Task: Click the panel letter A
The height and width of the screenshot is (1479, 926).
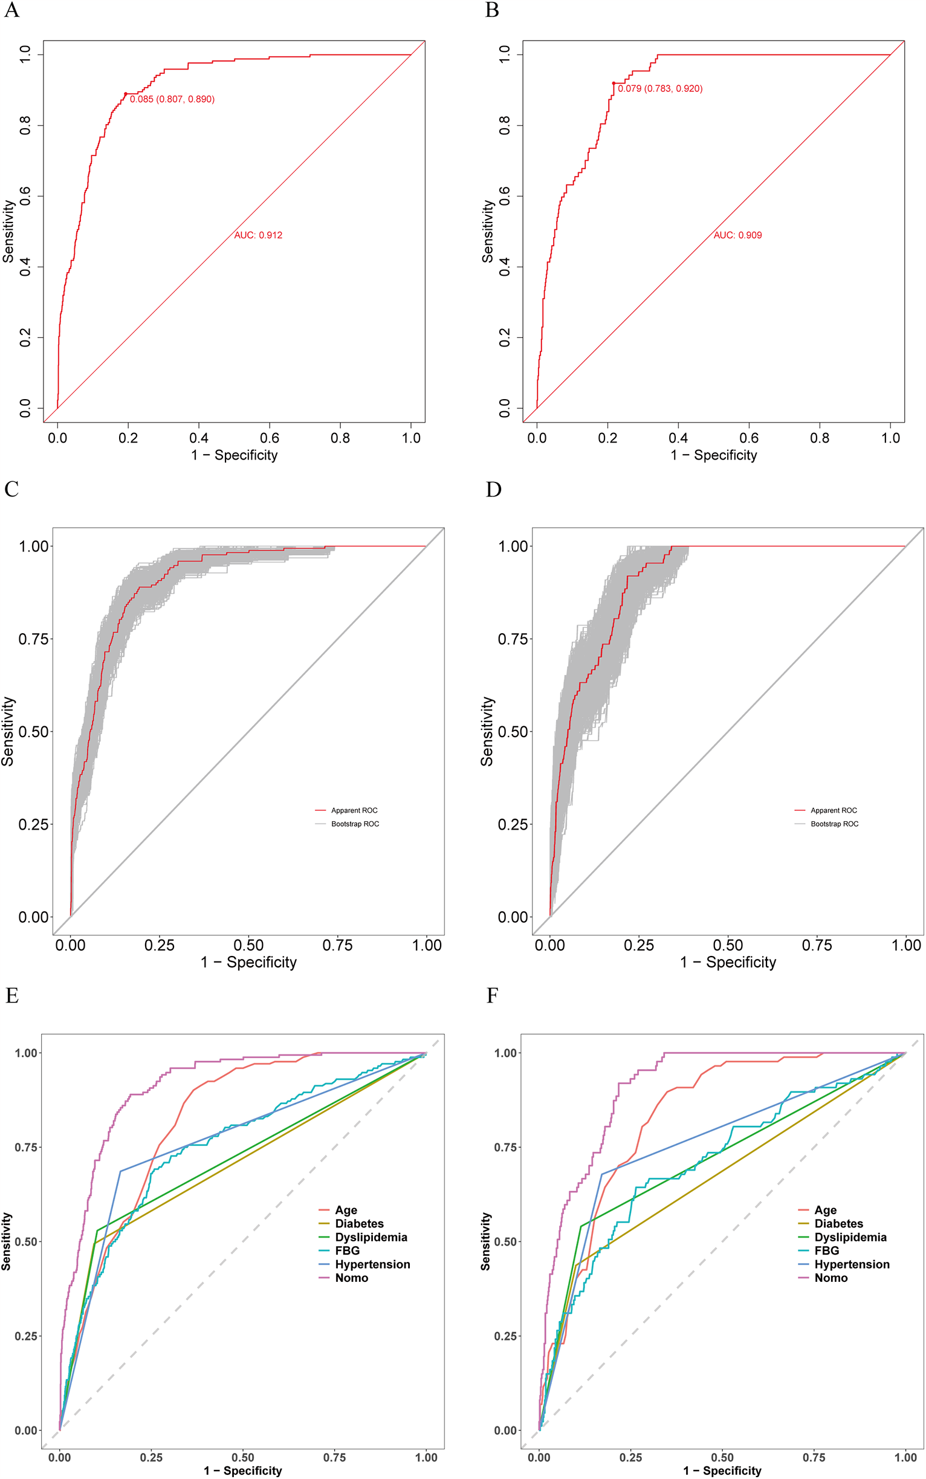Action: (x=11, y=10)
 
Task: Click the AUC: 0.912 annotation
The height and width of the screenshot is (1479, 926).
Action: (x=258, y=235)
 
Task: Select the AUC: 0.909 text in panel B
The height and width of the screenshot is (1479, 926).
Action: (x=737, y=235)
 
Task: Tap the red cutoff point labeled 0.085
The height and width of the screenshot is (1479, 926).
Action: (x=126, y=94)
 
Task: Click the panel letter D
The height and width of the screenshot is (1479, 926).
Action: (x=493, y=490)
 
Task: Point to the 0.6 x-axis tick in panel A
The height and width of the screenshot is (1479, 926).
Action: (x=270, y=438)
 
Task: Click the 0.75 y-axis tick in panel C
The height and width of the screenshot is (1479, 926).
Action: (x=34, y=639)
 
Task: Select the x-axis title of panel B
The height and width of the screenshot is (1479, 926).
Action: (x=713, y=455)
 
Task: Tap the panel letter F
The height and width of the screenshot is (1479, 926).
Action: (x=492, y=996)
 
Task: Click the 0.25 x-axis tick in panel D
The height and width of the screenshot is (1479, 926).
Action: (x=639, y=945)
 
